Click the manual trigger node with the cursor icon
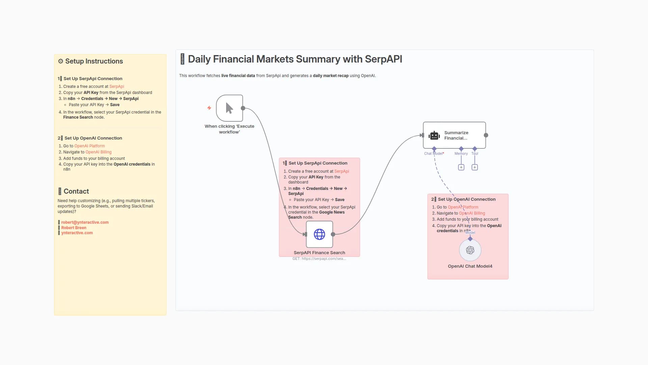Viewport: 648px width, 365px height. tap(230, 108)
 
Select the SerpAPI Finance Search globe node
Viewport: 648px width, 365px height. tap(319, 234)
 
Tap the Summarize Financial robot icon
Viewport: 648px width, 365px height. tap(434, 136)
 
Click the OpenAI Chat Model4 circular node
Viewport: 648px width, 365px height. tap(470, 250)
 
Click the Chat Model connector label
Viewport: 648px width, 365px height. tap(434, 153)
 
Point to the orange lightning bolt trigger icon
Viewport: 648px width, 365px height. tap(209, 108)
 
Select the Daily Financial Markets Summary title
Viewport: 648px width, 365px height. tap(295, 59)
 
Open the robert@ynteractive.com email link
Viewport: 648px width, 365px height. tap(85, 222)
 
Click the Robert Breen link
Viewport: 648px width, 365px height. tap(74, 228)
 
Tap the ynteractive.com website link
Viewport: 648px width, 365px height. tap(77, 233)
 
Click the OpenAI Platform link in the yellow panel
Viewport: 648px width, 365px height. tap(89, 146)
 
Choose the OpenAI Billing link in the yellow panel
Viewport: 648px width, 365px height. tap(98, 152)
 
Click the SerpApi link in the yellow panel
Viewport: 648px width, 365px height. tap(116, 87)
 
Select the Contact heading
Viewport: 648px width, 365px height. tap(76, 191)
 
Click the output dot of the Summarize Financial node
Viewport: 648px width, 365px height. tap(486, 135)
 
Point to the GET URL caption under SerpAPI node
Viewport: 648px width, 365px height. tap(319, 259)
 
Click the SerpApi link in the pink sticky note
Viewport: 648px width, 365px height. tap(342, 171)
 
